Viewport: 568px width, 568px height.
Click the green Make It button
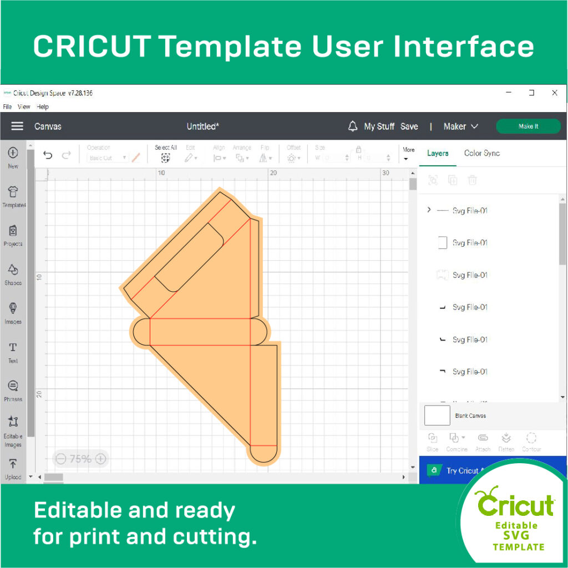[x=528, y=126]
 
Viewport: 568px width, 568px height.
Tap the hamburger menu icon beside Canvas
[x=17, y=126]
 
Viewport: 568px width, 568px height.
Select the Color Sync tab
[x=481, y=153]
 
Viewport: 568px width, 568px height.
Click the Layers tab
[x=438, y=153]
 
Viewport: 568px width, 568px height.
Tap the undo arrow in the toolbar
[x=48, y=155]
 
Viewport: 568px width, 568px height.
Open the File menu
[x=7, y=106]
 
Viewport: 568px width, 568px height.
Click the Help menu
[x=43, y=106]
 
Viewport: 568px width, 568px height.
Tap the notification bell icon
[x=352, y=126]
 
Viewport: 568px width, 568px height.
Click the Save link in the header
[x=409, y=126]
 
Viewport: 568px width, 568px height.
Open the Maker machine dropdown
[x=460, y=126]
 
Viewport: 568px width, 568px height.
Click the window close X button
[x=554, y=93]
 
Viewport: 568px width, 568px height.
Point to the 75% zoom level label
[x=80, y=459]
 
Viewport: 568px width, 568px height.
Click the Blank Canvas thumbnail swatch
[x=437, y=415]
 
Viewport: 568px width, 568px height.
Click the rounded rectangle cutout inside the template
[x=189, y=257]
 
